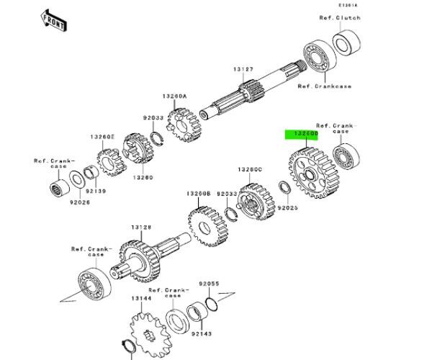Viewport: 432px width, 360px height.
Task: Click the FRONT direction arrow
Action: [54, 19]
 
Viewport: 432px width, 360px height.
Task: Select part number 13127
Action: [243, 69]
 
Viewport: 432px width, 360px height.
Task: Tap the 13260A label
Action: [174, 96]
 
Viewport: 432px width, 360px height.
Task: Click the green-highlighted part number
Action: [300, 134]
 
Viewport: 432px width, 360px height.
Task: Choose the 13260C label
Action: [250, 169]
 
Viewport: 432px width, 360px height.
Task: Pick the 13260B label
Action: [198, 193]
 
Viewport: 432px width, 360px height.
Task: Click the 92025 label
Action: [288, 207]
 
